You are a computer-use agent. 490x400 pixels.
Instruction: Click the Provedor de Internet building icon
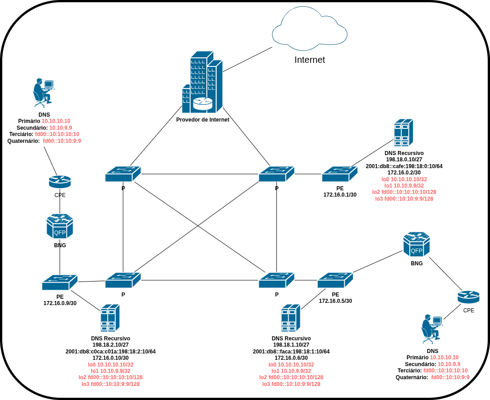(x=202, y=82)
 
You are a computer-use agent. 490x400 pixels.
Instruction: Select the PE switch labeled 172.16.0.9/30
(x=60, y=282)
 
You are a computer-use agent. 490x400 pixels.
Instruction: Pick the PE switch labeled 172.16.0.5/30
(x=335, y=280)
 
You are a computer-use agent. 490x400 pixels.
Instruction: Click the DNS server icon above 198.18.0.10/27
(x=403, y=132)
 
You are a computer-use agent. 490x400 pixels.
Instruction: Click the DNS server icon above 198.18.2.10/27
(x=110, y=318)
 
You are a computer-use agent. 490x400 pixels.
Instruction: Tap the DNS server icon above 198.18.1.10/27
(x=291, y=318)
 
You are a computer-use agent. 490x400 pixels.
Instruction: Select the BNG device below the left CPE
(x=60, y=226)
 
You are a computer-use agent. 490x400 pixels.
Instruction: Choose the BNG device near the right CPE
(x=416, y=244)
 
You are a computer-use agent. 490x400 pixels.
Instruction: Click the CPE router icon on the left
(x=60, y=182)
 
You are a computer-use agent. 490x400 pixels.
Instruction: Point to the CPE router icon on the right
(x=468, y=297)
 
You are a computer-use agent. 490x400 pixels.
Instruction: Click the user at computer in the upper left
(x=43, y=92)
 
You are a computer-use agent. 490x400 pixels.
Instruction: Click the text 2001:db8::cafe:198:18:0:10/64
(x=404, y=166)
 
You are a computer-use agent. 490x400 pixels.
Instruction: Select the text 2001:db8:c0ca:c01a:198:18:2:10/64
(x=111, y=352)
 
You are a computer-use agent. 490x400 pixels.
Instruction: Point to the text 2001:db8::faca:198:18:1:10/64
(x=291, y=352)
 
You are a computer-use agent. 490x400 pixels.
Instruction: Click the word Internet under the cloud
(x=309, y=60)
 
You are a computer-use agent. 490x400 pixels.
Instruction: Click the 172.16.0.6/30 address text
(x=291, y=358)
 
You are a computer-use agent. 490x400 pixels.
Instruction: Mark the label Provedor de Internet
(x=203, y=120)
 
